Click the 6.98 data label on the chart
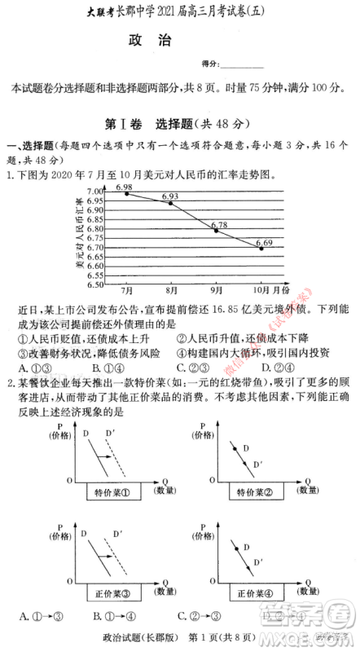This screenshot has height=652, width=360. [124, 187]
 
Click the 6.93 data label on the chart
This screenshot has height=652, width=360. [170, 196]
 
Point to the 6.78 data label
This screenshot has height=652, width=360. [218, 225]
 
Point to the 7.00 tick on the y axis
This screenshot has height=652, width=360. [95, 191]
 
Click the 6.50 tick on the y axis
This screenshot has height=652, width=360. [95, 285]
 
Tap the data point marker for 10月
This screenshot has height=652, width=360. [261, 249]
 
